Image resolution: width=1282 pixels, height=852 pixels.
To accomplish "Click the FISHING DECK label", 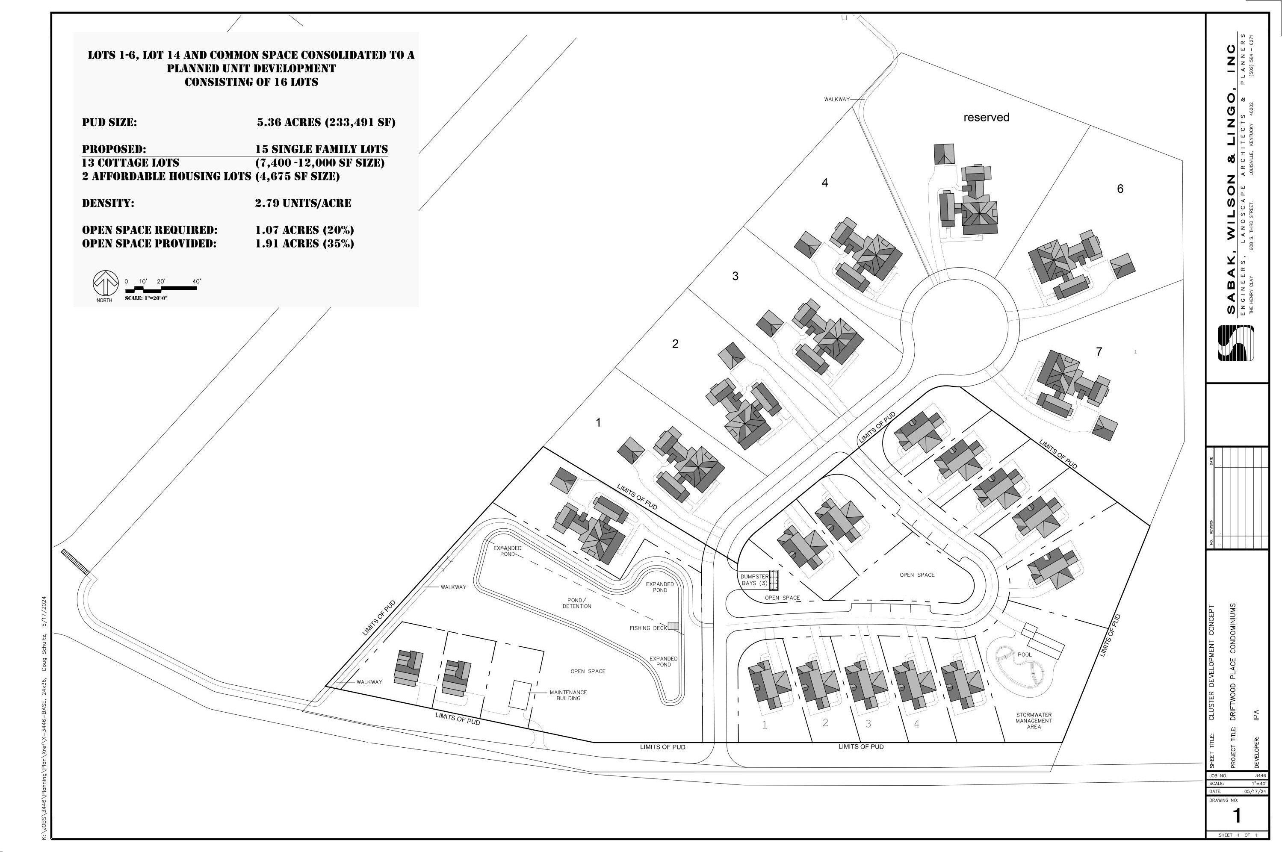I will [648, 628].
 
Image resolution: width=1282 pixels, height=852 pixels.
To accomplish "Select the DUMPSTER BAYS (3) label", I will [754, 580].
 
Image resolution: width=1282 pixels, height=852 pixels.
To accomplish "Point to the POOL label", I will [1025, 655].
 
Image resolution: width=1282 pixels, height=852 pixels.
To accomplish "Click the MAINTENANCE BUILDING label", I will [568, 696].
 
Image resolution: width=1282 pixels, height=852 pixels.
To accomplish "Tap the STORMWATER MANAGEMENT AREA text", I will [1034, 720].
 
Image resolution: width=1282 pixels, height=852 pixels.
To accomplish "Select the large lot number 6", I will [1120, 189].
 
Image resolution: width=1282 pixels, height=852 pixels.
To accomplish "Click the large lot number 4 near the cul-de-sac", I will [824, 183].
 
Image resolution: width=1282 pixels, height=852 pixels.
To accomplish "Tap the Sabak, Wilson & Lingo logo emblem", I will [1236, 343].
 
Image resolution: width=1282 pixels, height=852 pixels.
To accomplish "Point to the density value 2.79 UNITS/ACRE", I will [303, 203].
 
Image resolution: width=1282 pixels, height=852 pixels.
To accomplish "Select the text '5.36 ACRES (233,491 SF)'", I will [326, 122].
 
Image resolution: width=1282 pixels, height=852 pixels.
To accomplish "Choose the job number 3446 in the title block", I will [1260, 775].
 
